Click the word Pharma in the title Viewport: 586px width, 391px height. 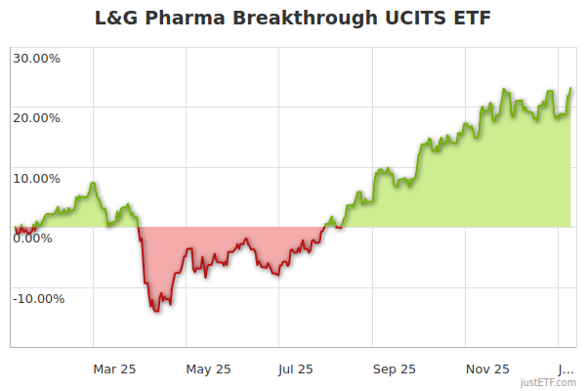pos(184,19)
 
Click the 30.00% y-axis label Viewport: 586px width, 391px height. pos(36,58)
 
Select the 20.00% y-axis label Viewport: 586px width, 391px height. pos(36,117)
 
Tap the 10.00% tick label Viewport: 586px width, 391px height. pos(36,178)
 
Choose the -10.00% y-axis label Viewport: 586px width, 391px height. pos(38,298)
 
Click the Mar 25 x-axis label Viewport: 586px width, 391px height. pos(114,369)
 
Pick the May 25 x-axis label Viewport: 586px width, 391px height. pos(208,369)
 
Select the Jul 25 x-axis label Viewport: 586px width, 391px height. pos(296,369)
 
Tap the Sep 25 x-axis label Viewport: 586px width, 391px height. pos(395,369)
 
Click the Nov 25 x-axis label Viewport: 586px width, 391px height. pos(487,369)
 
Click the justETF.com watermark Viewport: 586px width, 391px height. pos(548,382)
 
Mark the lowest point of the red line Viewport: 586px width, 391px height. pos(155,311)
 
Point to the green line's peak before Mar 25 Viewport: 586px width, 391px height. pos(93,183)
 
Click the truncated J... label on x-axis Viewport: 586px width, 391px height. pos(566,369)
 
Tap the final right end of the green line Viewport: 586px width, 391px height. pos(571,89)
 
